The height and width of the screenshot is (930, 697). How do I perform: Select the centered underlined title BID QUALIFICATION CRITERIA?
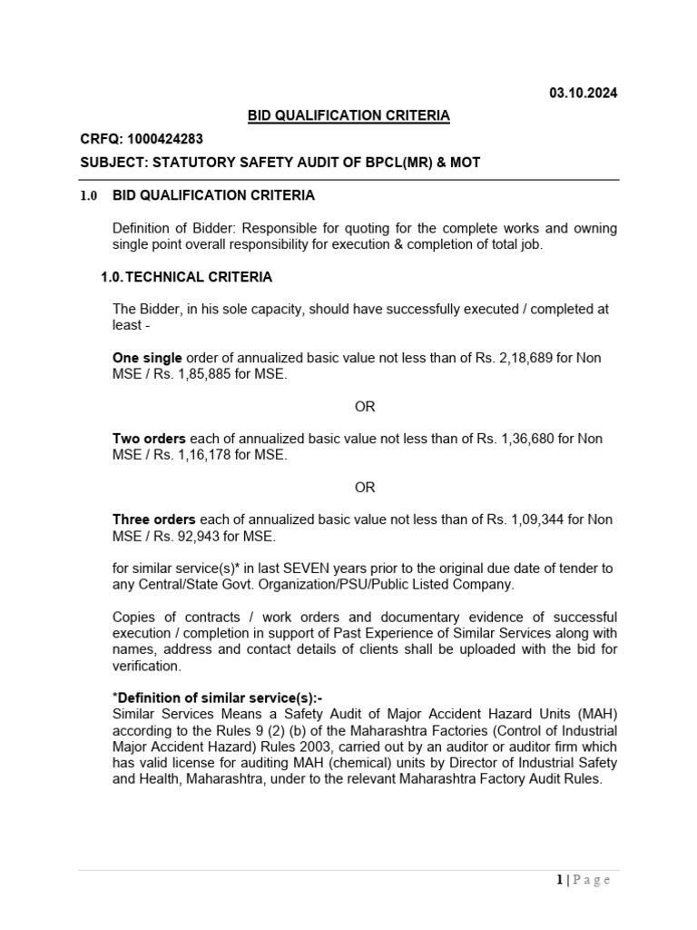coord(349,115)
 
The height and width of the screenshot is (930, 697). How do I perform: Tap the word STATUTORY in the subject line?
coord(191,163)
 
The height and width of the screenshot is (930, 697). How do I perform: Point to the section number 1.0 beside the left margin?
coord(88,195)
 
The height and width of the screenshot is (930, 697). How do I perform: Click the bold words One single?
coord(147,359)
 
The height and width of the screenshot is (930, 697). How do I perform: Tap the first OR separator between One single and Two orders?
coord(365,407)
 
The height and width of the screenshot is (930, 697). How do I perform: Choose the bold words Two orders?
coord(149,439)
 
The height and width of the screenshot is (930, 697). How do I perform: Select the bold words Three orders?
coord(153,519)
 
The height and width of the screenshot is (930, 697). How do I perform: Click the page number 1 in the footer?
coord(559,879)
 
